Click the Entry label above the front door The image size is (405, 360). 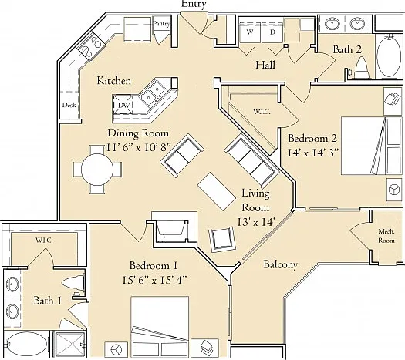[x=194, y=4]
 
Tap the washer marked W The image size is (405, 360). [x=250, y=32]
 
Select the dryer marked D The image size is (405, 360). [x=272, y=32]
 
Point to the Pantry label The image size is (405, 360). [x=162, y=24]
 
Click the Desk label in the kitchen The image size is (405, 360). [x=69, y=105]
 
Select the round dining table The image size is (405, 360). [x=97, y=170]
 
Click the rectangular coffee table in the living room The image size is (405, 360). [x=217, y=191]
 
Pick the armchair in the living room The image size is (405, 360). [x=222, y=240]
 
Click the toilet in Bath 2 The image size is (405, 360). [x=362, y=68]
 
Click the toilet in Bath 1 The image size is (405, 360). [x=73, y=282]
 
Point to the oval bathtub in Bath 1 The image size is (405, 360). [x=25, y=344]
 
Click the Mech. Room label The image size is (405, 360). [x=386, y=236]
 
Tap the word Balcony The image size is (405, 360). [x=281, y=264]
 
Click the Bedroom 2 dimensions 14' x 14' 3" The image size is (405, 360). [x=312, y=153]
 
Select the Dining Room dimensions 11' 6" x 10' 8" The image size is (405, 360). [x=139, y=147]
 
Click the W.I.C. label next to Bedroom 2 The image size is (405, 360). [x=262, y=112]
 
